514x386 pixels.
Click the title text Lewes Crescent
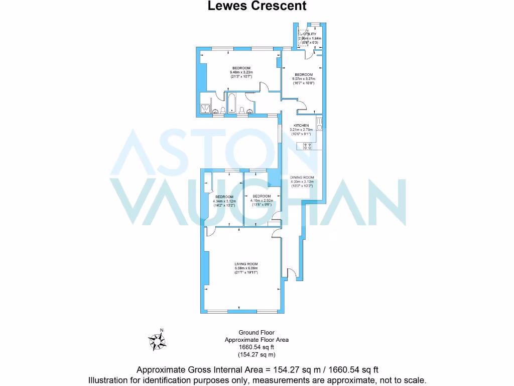[x=256, y=6]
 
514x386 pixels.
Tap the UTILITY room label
[x=310, y=34]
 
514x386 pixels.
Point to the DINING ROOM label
[x=302, y=177]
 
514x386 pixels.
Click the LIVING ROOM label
[x=246, y=264]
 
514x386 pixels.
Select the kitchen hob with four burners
[x=307, y=146]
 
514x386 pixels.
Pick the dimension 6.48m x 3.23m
[x=241, y=72]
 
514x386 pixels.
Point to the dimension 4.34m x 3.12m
[x=224, y=201]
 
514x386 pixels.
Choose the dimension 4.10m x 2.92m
[x=262, y=200]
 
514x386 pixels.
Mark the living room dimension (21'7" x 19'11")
[x=246, y=272]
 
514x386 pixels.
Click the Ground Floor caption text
[x=256, y=333]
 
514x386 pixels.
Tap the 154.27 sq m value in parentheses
[x=256, y=354]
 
